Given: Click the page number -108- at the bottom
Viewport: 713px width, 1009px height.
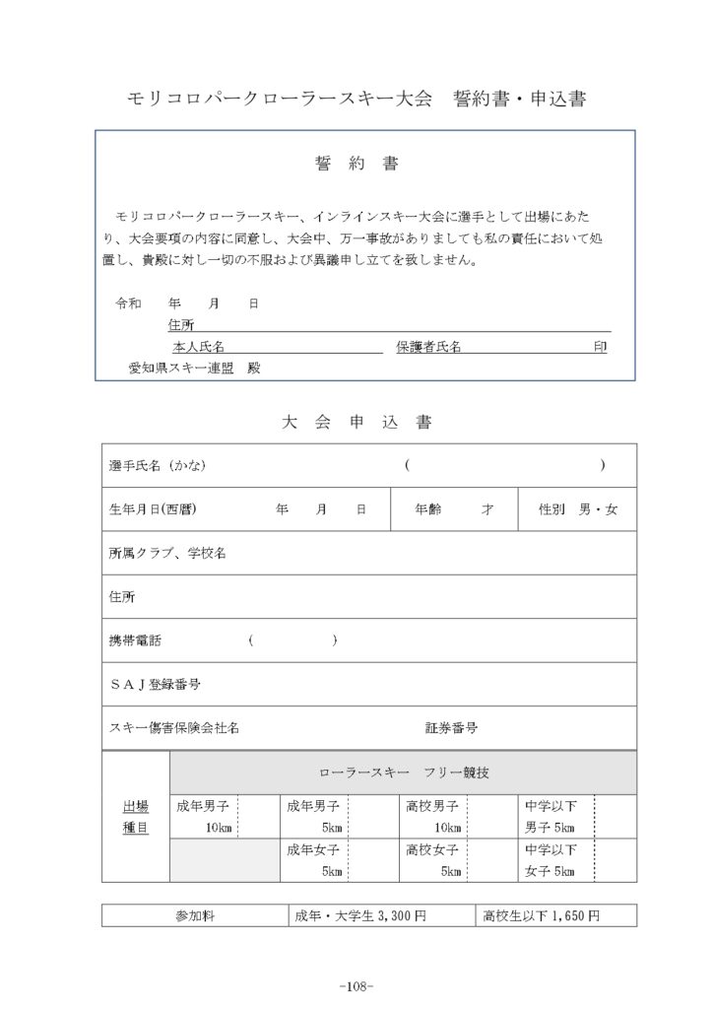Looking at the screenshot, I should coord(356,986).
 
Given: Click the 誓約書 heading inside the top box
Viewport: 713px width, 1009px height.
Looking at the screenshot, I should coord(356,164).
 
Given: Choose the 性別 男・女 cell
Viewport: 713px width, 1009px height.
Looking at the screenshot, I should coord(578,510).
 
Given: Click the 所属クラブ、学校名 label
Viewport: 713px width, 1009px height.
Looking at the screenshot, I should coord(167,554).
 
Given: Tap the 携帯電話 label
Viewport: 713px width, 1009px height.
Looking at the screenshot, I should coord(136,640).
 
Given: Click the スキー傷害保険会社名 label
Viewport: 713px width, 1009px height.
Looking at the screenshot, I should coord(173,728).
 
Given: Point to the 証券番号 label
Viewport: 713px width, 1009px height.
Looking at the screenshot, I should coord(452,728).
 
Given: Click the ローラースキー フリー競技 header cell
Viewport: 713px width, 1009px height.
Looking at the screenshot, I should coord(404,773).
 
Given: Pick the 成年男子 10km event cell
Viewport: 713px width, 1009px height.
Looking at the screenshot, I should coord(204,817).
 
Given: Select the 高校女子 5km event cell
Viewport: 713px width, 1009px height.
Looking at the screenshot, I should coord(433,860).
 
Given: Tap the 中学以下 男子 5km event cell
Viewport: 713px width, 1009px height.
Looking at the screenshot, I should coord(551,817).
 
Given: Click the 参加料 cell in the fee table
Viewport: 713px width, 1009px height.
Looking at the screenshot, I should coord(195,915).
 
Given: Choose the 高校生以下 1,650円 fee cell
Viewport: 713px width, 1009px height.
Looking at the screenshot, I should coord(542,915).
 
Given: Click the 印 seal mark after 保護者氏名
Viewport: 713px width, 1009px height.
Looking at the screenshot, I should coord(600,347).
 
